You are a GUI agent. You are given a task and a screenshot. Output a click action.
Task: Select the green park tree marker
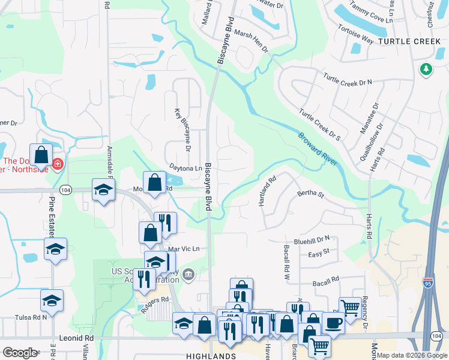[x=426, y=70]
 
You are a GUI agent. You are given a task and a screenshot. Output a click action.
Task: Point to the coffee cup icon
[x=333, y=322]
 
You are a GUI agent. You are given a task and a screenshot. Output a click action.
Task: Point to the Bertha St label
[x=310, y=194]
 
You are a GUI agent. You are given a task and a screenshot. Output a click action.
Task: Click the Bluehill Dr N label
[x=314, y=238]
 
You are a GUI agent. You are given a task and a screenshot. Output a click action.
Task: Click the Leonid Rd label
[x=76, y=338]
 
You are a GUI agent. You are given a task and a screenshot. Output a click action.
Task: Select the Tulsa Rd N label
[x=31, y=317]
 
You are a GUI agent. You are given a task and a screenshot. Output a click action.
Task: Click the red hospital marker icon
[x=58, y=164]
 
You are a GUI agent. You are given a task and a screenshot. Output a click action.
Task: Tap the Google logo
[x=20, y=353]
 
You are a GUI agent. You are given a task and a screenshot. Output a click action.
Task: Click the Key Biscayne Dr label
[x=182, y=129]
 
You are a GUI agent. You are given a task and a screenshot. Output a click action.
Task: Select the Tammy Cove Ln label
[x=371, y=13]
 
